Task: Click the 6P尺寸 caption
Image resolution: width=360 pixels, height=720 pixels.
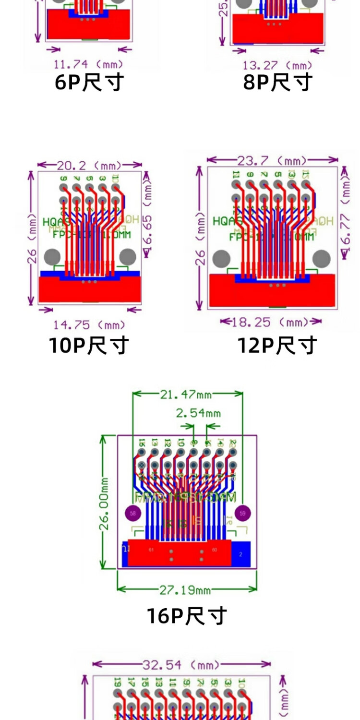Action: coord(89,82)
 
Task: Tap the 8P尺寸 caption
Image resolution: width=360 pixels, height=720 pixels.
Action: coord(278,82)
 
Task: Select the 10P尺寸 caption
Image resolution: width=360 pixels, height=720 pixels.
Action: coord(89,345)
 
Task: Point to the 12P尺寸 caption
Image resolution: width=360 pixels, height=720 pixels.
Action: coord(278,345)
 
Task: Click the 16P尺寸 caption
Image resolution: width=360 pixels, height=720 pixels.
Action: coord(187,616)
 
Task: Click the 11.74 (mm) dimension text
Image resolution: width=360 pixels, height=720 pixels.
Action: coord(88,64)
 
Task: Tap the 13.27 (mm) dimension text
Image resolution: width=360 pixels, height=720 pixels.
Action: coord(278,65)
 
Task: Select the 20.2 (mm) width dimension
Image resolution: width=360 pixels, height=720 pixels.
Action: coord(89,166)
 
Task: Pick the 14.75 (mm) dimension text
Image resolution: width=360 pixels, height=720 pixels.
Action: coord(89,325)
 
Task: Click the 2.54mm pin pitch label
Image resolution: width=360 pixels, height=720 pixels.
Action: coord(198,413)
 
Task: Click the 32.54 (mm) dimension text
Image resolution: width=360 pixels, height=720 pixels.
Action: coord(181,664)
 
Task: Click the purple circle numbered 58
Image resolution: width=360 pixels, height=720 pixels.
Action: coord(132,513)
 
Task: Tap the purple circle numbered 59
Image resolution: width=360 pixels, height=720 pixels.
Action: coord(243,513)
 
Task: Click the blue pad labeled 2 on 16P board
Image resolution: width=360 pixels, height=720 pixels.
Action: coord(241,554)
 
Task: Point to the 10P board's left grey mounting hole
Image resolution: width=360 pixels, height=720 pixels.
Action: coord(52,257)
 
